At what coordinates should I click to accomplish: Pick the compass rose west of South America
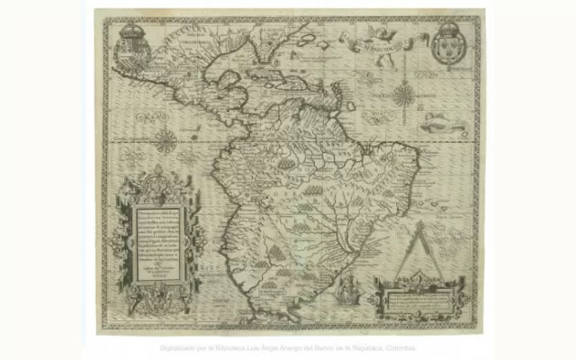click(166, 139)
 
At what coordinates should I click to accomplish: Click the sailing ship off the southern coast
click(349, 288)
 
